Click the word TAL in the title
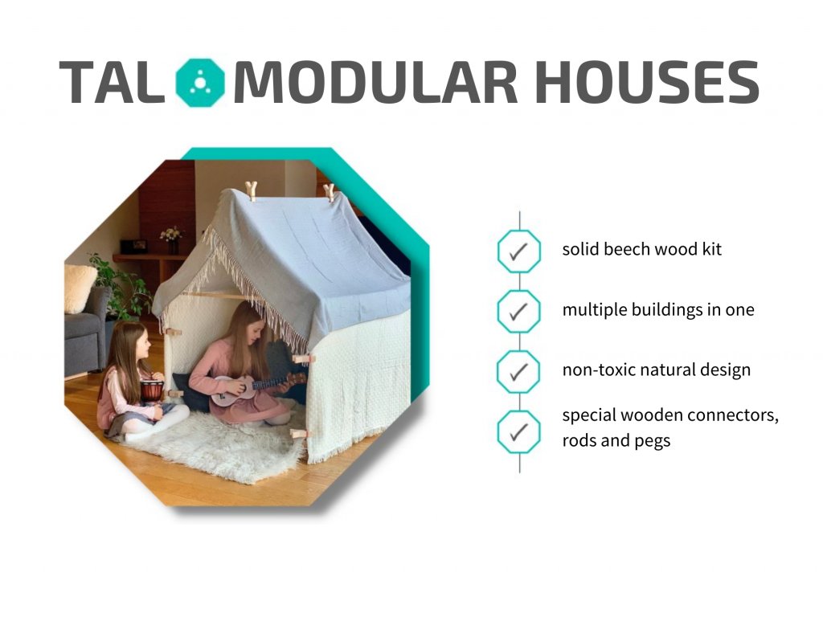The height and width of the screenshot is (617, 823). pos(111,83)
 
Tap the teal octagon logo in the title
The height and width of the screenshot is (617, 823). pos(200,83)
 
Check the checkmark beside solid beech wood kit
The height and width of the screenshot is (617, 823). pos(518,251)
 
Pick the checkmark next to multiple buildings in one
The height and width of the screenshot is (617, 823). pos(518,312)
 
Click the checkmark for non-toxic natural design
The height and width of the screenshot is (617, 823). pos(518,372)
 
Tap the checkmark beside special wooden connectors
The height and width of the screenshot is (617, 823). pos(518,432)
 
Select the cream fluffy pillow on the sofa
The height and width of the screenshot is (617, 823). pos(79,288)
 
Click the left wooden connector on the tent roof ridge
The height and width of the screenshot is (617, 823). pos(252,190)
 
